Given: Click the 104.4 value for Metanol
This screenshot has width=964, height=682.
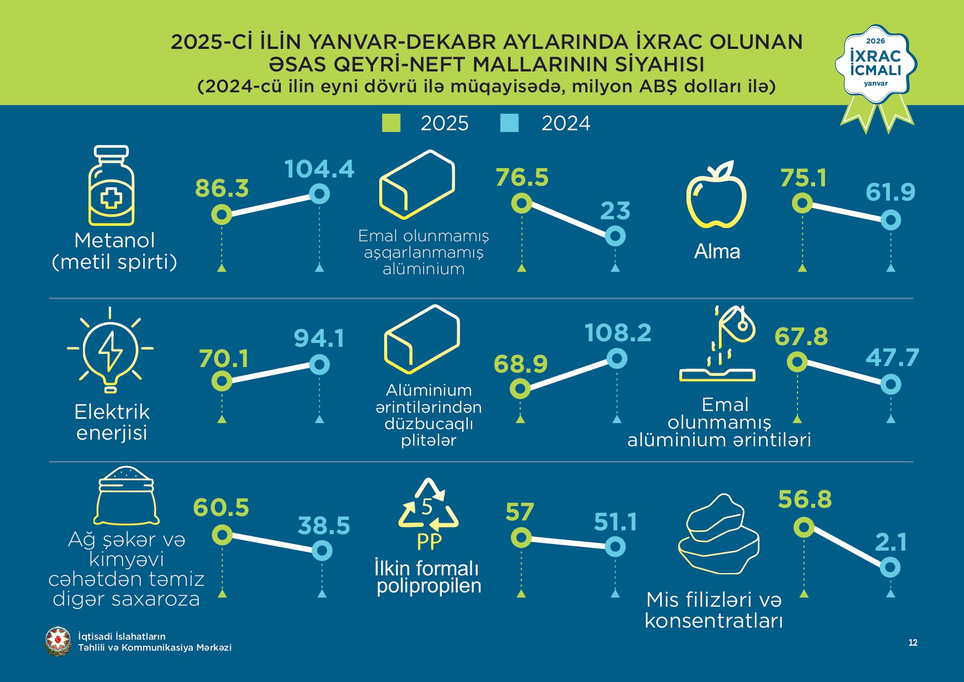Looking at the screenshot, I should (x=319, y=169).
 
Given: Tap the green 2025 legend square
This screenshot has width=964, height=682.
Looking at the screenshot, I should (x=391, y=123).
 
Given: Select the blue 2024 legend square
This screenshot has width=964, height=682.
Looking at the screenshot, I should (x=509, y=123).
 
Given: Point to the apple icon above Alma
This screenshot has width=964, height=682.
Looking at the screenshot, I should (x=716, y=195).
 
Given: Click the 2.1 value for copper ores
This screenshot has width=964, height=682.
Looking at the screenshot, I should (x=890, y=542).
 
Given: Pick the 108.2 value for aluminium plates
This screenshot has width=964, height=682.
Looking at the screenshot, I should (x=618, y=333).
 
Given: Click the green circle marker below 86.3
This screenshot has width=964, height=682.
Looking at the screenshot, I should (x=221, y=214).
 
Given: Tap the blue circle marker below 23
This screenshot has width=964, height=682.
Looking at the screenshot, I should (x=615, y=236).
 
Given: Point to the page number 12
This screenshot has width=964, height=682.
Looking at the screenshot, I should (x=913, y=642).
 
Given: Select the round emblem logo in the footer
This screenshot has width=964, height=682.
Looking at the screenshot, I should (x=58, y=641).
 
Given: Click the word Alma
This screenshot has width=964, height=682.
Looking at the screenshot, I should (x=717, y=252).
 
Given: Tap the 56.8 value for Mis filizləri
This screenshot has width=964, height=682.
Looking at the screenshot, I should (x=805, y=500).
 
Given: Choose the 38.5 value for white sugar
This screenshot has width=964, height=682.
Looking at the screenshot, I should (x=324, y=526).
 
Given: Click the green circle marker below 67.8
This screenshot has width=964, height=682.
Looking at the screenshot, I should (x=797, y=362).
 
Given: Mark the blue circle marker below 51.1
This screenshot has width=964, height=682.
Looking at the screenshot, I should (x=615, y=547).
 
